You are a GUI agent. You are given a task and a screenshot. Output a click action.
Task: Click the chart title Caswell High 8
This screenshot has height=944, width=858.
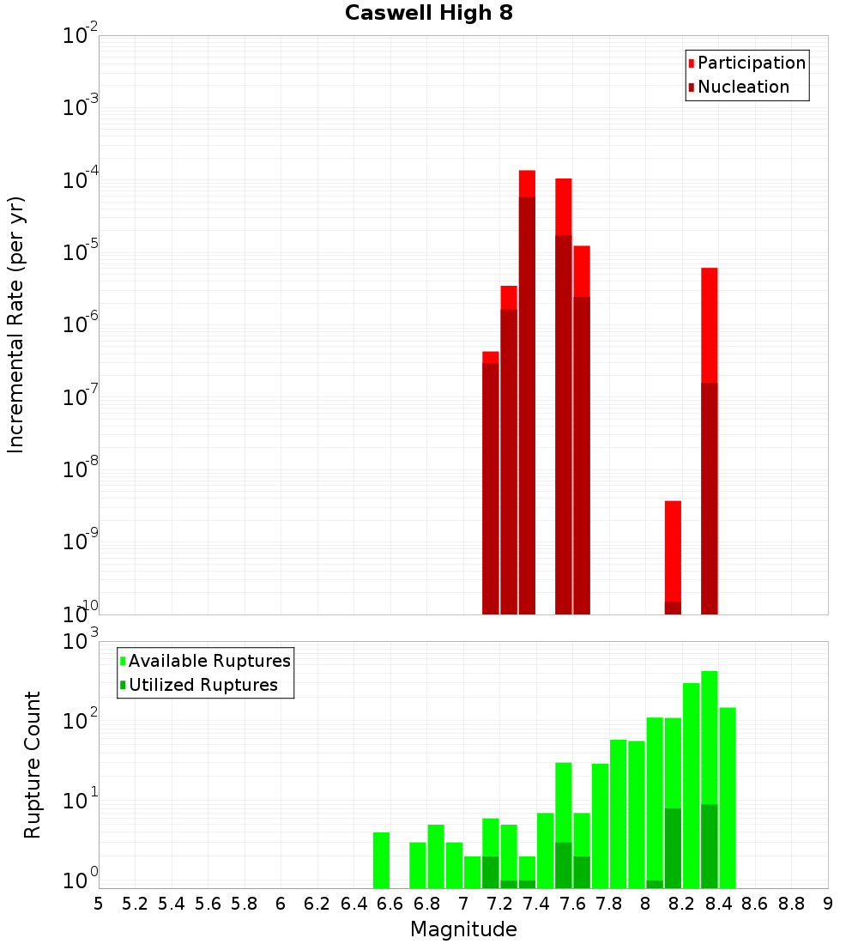429,14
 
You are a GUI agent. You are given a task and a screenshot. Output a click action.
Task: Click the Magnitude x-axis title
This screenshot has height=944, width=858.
463,929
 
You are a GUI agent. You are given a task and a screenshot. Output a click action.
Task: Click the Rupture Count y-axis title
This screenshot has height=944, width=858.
33,764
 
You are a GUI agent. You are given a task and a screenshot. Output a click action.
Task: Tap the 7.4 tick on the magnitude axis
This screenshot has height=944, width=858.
536,904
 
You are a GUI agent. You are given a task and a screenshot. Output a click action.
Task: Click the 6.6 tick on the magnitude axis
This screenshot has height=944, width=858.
390,904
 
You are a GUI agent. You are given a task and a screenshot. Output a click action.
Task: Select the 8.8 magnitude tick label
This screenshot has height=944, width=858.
791,904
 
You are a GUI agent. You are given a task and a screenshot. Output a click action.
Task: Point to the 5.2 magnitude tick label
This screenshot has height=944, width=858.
135,904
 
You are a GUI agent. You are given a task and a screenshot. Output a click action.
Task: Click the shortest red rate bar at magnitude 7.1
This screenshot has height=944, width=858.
491,481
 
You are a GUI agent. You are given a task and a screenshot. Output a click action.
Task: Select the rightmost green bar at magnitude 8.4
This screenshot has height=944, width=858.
728,797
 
